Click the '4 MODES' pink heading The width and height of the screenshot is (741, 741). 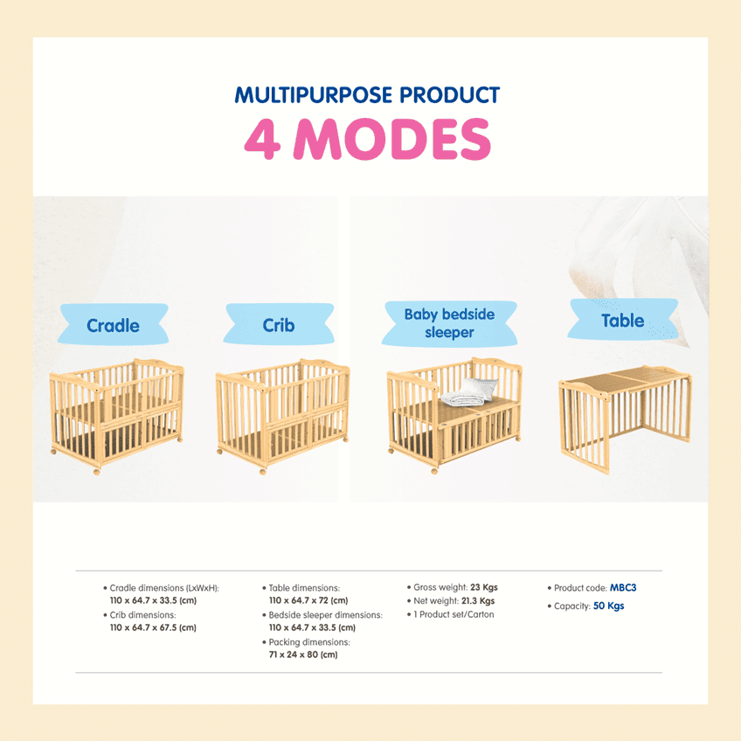367,139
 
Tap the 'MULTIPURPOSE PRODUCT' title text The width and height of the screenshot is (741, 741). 367,95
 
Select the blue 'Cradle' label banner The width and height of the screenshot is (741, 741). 113,325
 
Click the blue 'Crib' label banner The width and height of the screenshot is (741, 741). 279,325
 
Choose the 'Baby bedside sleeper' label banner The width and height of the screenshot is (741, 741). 449,322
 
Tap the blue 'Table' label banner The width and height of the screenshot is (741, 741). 622,320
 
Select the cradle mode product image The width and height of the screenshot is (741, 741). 117,416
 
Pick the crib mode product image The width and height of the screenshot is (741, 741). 282,414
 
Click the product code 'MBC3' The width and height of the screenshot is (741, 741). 623,588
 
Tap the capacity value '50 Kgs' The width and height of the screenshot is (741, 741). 609,606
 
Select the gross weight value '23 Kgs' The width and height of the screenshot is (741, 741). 483,587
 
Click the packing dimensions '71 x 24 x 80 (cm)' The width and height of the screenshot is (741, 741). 302,654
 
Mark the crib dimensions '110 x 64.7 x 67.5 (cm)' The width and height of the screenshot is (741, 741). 152,627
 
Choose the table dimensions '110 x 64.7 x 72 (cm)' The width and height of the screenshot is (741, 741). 308,600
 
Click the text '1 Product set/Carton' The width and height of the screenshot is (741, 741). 454,614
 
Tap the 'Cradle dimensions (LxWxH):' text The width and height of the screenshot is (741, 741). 164,588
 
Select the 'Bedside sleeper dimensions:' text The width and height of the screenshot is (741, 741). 325,615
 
